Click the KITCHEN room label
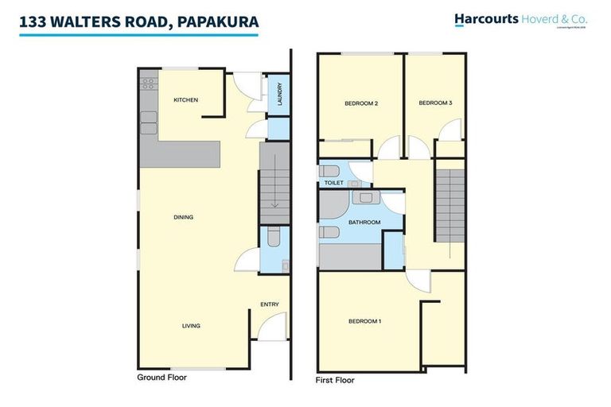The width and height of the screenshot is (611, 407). pyautogui.click(x=185, y=99)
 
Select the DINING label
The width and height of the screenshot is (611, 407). pyautogui.click(x=184, y=217)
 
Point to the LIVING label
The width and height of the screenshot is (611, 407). pyautogui.click(x=191, y=325)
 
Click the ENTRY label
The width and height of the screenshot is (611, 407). pyautogui.click(x=269, y=304)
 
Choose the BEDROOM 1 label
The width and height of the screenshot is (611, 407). pyautogui.click(x=365, y=321)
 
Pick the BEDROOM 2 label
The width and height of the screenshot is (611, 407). pyautogui.click(x=360, y=103)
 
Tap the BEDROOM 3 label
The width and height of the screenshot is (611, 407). pyautogui.click(x=435, y=103)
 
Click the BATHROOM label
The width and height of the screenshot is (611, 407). pyautogui.click(x=364, y=222)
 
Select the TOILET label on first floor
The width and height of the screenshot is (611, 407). pyautogui.click(x=333, y=183)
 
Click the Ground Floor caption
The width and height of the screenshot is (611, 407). pyautogui.click(x=162, y=378)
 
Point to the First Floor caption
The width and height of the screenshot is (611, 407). pyautogui.click(x=336, y=381)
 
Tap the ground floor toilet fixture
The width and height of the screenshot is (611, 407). pyautogui.click(x=272, y=237)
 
